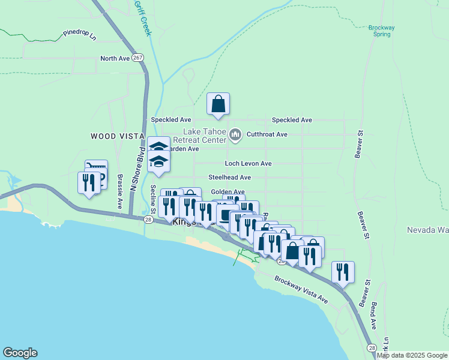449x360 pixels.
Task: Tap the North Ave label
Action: tap(115, 59)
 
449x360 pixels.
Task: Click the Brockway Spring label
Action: tap(381, 31)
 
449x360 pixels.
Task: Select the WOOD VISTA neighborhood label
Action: tap(117, 137)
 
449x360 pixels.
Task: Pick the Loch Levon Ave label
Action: tap(248, 163)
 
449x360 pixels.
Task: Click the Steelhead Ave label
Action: tap(229, 178)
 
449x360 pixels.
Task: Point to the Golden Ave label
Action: tap(228, 192)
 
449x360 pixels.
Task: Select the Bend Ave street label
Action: tap(373, 316)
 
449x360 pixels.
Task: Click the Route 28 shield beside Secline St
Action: tap(148, 220)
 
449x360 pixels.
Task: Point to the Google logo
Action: tap(20, 353)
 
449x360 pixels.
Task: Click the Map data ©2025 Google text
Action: tap(412, 355)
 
